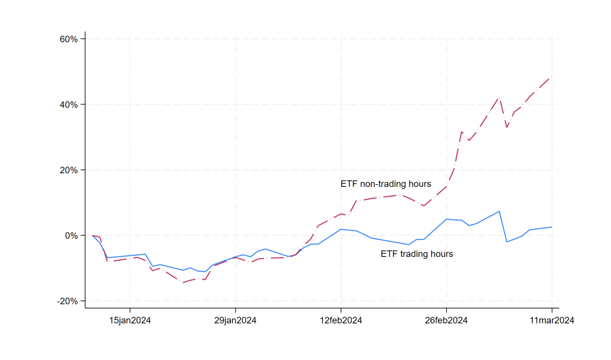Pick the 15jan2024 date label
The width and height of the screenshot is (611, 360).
coord(130,320)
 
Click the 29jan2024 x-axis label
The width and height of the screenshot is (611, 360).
coord(235,320)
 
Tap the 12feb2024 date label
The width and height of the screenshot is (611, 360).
coord(341,320)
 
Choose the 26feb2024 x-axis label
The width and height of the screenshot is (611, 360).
coord(446,320)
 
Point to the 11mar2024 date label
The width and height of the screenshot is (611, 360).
coord(552,320)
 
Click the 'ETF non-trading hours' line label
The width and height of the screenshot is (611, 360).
coord(385,184)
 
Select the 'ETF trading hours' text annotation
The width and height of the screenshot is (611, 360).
coord(417,254)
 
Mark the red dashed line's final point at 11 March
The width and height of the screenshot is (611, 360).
coord(552,76)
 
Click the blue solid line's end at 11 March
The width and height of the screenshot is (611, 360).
coord(552,227)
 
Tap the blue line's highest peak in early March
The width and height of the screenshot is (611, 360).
coord(499,211)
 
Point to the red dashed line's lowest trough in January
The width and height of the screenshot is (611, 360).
coord(183,283)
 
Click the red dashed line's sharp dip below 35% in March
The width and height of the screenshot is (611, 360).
coord(507,128)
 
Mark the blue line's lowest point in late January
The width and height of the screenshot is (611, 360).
coord(205,272)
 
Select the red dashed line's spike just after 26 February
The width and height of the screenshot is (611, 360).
coord(461,131)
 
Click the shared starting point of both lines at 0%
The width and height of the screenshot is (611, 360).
coord(92,235)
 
